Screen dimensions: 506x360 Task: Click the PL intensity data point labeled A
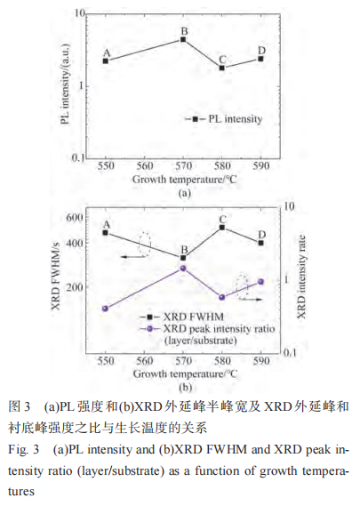point(106,60)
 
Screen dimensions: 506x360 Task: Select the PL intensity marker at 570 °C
point(183,39)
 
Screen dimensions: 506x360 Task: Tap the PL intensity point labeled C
point(222,68)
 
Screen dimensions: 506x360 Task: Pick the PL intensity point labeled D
point(260,59)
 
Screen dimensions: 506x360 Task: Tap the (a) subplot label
point(184,192)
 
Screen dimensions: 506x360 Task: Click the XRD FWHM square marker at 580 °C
point(222,228)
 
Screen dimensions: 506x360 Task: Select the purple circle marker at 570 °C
point(183,268)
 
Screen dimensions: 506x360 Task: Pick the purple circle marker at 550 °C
point(106,308)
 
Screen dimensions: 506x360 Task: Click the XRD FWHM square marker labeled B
point(183,257)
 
